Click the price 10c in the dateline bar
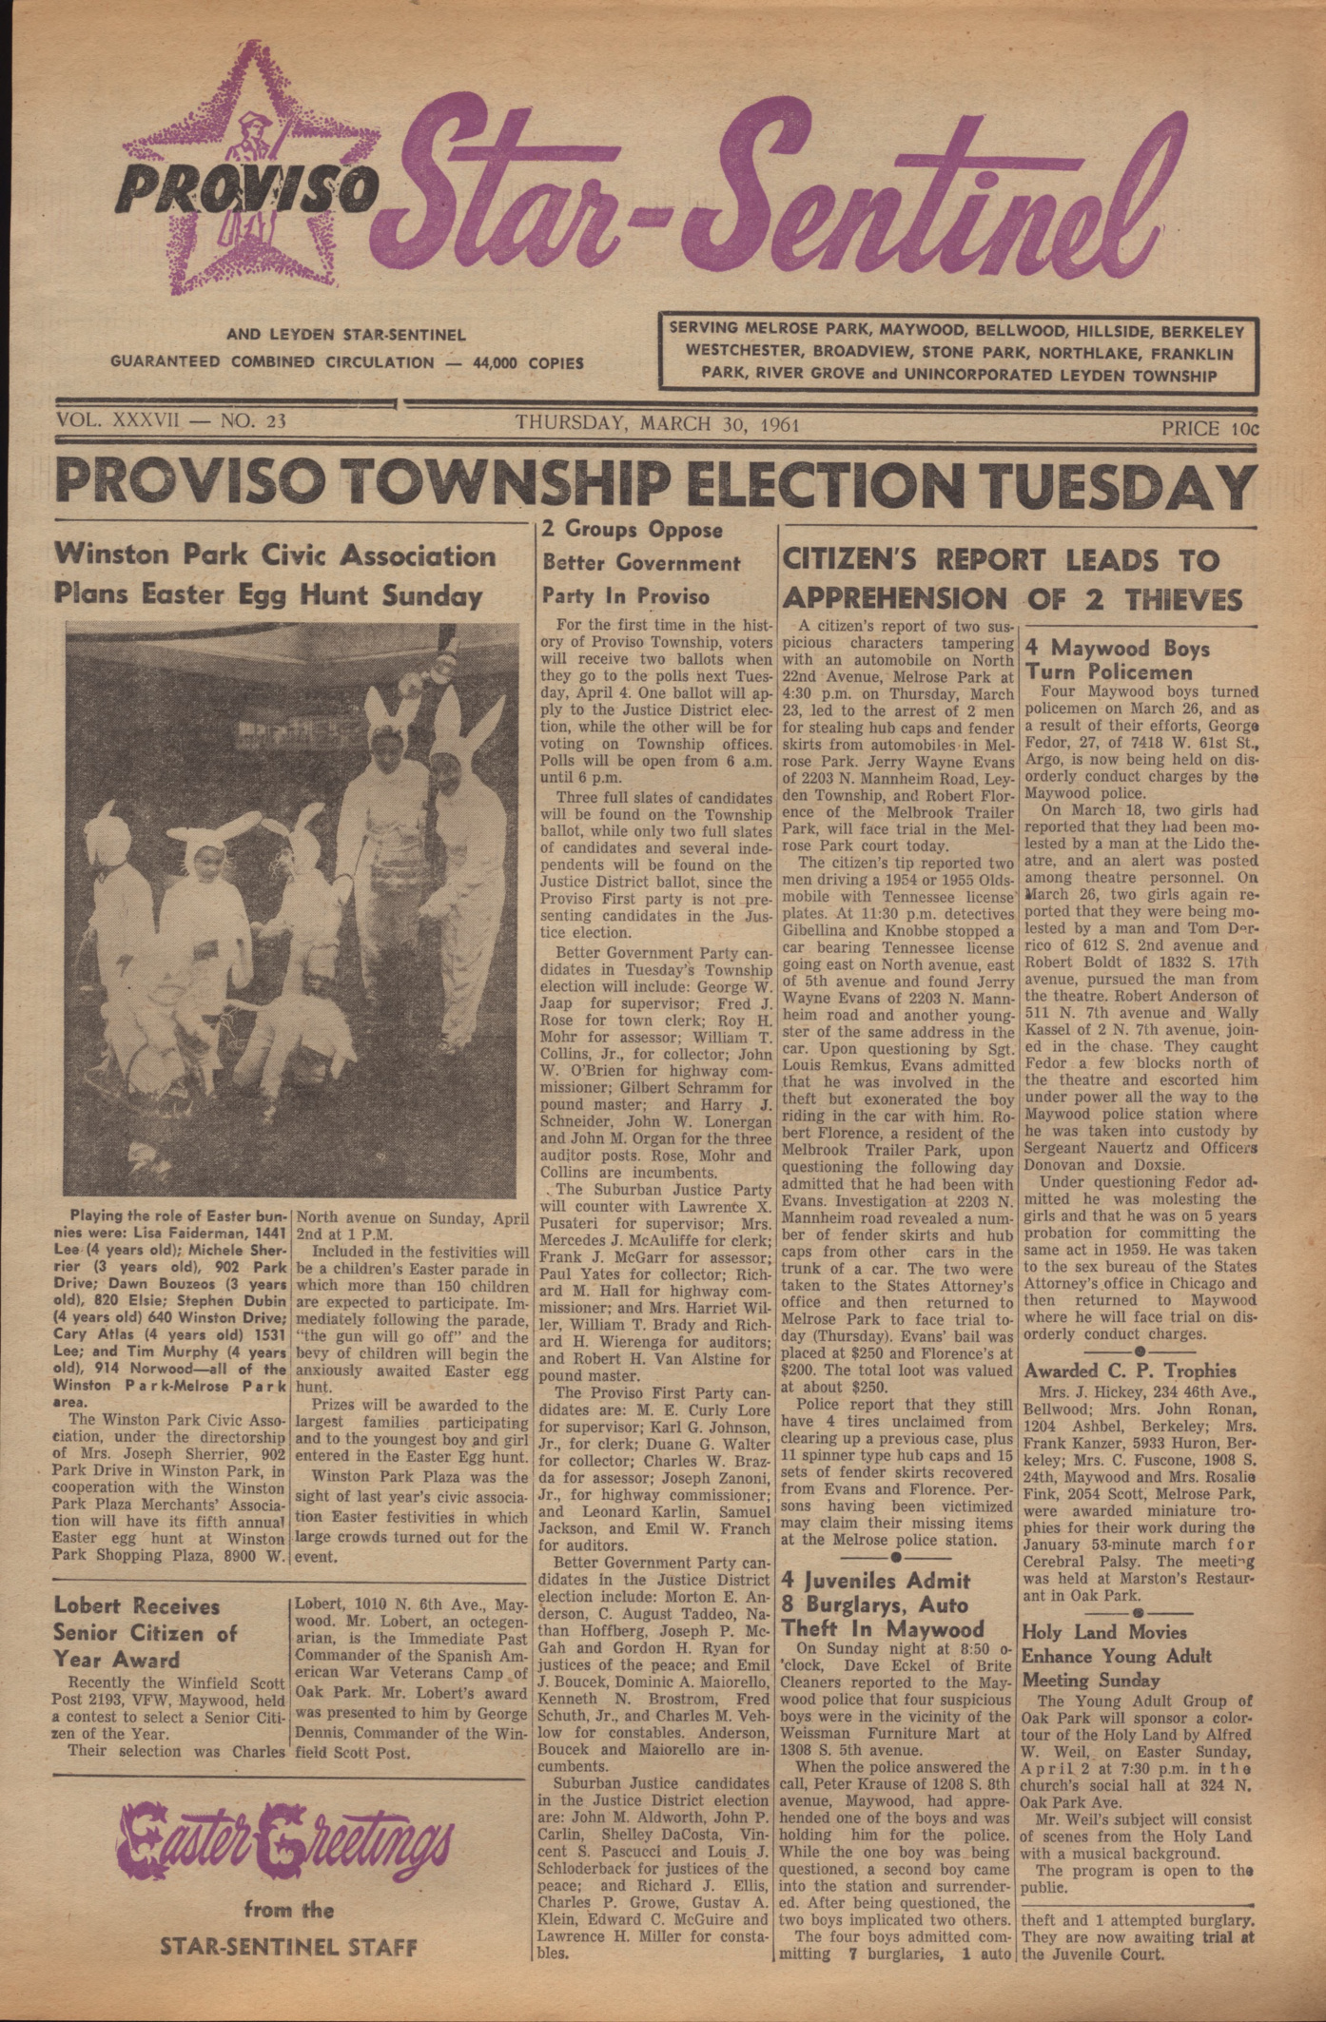point(1209,428)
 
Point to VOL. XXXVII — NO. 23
point(171,421)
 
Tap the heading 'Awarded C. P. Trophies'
point(1130,1371)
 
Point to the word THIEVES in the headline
point(1184,599)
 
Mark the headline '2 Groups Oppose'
point(632,530)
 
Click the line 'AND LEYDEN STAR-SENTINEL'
point(346,335)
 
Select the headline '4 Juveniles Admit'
point(875,1581)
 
